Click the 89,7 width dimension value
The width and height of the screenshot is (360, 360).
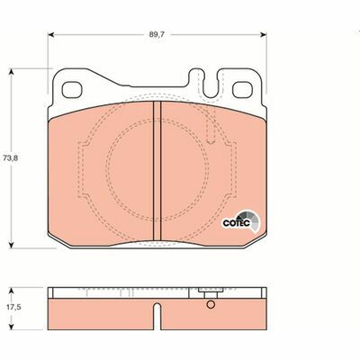point(157,34)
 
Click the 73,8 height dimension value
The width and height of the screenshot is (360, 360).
point(11,158)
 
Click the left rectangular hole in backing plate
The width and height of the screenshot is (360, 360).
point(72,90)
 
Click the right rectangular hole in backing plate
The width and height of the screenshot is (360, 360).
point(243,90)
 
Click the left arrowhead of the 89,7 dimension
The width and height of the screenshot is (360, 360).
point(51,35)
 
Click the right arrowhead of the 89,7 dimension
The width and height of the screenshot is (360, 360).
point(264,35)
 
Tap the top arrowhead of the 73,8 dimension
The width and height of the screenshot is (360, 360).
point(11,71)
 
